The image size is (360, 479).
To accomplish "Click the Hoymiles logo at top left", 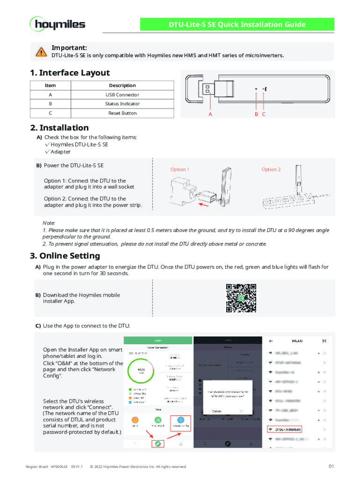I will tap(58, 24).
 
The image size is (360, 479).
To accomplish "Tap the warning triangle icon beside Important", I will tap(42, 52).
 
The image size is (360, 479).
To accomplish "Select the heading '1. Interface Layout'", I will tap(70, 73).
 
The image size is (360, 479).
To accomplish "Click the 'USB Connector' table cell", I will tap(122, 95).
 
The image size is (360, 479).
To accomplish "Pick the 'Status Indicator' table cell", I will tap(122, 104).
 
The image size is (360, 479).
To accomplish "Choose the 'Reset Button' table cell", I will tap(122, 113).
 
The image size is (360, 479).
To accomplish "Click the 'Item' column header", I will tap(50, 86).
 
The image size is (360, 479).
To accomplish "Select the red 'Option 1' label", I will tap(180, 169).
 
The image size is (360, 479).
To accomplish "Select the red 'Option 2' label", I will tap(271, 169).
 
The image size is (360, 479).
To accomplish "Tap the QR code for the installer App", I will tap(241, 298).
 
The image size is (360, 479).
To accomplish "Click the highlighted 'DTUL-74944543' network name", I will tap(288, 429).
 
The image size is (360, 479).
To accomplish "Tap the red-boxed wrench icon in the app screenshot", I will tap(158, 443).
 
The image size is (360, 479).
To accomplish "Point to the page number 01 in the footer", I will tap(331, 466).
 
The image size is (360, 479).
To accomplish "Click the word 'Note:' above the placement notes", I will tap(49, 223).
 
